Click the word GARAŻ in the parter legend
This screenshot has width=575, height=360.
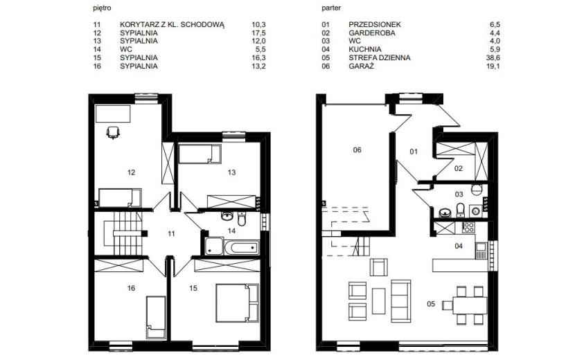click(361, 66)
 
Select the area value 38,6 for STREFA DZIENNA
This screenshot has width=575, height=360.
click(493, 57)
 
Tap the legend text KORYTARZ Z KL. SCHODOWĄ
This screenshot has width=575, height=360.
click(172, 24)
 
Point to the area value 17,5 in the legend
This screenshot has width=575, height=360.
click(258, 33)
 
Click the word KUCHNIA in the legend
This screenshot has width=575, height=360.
click(365, 49)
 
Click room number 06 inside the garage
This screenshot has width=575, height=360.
click(357, 150)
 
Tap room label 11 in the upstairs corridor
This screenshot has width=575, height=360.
click(171, 233)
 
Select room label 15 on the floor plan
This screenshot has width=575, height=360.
click(193, 289)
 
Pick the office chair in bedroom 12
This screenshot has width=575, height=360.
click(113, 132)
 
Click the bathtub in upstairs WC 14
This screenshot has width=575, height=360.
click(241, 248)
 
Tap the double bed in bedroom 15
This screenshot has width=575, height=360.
click(237, 303)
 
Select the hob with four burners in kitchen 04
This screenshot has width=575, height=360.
click(468, 228)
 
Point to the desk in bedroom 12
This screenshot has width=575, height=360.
click(113, 114)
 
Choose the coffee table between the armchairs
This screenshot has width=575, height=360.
click(378, 300)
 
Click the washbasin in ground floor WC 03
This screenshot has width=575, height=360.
click(445, 213)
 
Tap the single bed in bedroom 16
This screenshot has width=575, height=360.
click(156, 317)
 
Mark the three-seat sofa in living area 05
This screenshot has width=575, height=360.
click(401, 301)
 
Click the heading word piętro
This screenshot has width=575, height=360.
click(103, 8)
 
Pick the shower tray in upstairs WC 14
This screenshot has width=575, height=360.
click(214, 246)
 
